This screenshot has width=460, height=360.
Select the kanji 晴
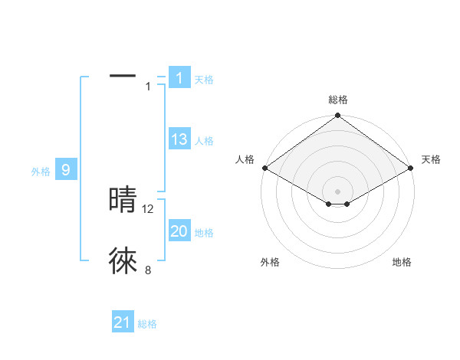tap(123, 200)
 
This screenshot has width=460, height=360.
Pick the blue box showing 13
tap(179, 139)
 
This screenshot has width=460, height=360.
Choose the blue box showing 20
tap(179, 231)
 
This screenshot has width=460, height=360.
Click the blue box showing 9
tap(66, 170)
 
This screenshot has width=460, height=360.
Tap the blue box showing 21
tap(123, 322)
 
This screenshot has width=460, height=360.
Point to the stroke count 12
tap(149, 208)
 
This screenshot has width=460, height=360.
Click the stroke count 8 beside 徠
tap(148, 270)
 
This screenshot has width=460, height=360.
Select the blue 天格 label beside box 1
tap(204, 79)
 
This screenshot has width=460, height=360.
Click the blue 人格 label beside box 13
tap(204, 141)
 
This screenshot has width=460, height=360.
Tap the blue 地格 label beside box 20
tap(204, 233)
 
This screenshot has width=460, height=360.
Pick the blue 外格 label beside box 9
tap(41, 172)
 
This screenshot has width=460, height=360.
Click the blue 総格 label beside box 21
tap(148, 324)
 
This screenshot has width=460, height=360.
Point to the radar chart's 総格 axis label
tap(337, 100)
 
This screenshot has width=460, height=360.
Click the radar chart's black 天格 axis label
tap(431, 159)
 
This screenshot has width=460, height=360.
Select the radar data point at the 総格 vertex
tap(337, 116)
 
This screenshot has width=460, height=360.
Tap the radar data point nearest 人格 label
tap(264, 168)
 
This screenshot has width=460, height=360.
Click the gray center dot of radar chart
tap(337, 191)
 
